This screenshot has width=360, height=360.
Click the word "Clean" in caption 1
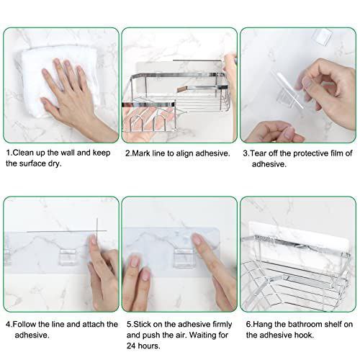pos(23,153)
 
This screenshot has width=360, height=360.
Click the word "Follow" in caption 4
pos(24,324)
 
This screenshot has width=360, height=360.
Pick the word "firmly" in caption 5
pos(222,325)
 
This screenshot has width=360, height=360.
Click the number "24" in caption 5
pos(131,346)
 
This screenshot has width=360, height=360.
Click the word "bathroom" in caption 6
pos(305,324)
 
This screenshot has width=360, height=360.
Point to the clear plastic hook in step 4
pos(68,257)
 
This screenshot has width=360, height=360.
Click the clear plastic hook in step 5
pos(184,258)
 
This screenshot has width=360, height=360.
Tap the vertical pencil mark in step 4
pos(97,230)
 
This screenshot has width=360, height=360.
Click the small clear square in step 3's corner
pos(323,37)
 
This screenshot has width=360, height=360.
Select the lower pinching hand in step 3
pos(276,132)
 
